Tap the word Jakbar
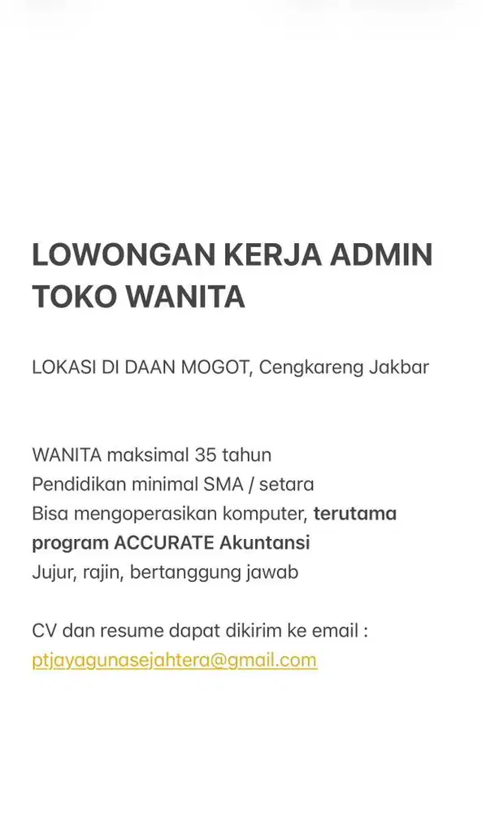tap(398, 367)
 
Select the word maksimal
tap(149, 454)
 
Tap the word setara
tap(286, 485)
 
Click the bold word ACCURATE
tap(164, 542)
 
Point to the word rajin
tap(102, 572)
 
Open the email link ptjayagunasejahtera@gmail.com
tap(174, 660)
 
